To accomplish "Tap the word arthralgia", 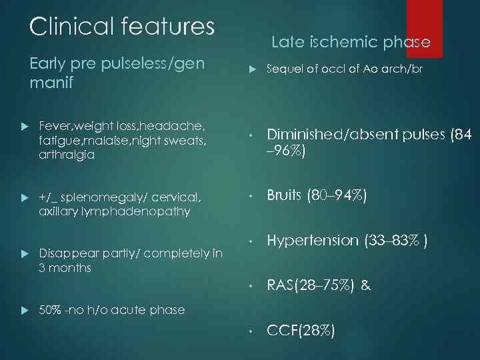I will [67, 155].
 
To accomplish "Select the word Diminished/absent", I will [333, 135].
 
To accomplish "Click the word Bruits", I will [285, 196].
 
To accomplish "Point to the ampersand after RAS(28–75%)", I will [365, 286].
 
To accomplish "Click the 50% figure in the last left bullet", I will [51, 309].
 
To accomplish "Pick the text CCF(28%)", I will [301, 331].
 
